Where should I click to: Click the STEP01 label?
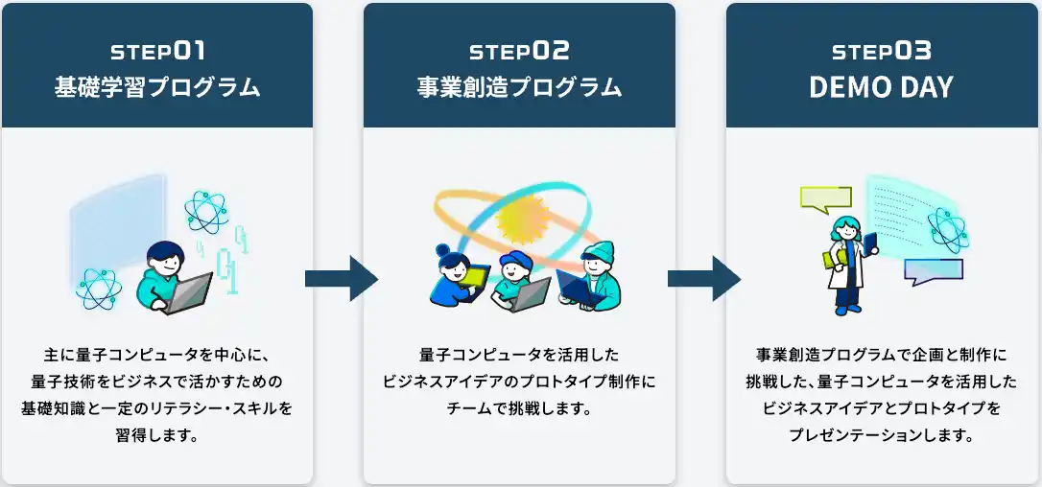click(x=157, y=51)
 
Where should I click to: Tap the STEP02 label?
click(x=519, y=51)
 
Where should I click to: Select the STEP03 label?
click(x=882, y=51)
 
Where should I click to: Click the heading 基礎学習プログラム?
click(x=157, y=87)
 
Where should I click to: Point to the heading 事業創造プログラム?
click(x=519, y=87)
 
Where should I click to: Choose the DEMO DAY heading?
click(x=882, y=87)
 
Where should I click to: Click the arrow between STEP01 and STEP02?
click(x=341, y=278)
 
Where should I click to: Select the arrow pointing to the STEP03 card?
click(x=703, y=278)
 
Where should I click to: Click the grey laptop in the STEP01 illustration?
click(x=187, y=293)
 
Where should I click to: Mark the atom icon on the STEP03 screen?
click(x=948, y=230)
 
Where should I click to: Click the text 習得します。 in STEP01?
click(x=157, y=436)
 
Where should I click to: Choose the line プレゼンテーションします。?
click(x=882, y=436)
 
